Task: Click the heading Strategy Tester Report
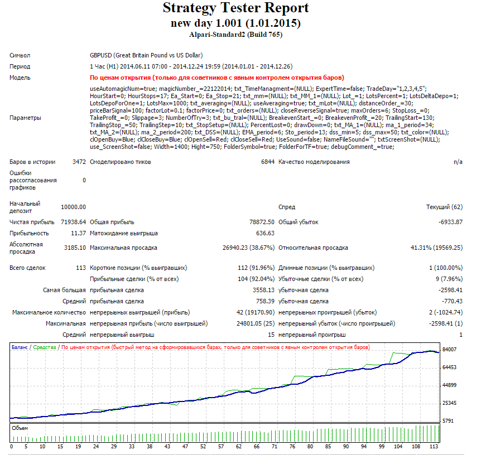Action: [235, 8]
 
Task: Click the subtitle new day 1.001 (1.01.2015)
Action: [235, 23]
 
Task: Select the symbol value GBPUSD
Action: [100, 55]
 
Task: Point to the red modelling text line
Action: [217, 78]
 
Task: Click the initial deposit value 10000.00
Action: [73, 207]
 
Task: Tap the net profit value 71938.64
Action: [73, 222]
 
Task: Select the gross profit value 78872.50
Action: [262, 222]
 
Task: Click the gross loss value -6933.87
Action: [450, 222]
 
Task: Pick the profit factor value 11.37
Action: [79, 233]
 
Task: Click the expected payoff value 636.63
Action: [266, 233]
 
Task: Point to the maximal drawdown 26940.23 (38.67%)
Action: [248, 248]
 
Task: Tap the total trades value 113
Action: [81, 268]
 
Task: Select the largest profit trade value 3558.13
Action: [263, 290]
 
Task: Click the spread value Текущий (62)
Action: [445, 207]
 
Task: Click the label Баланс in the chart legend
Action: [20, 347]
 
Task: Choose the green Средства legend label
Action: [45, 347]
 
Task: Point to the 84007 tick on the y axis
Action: [449, 350]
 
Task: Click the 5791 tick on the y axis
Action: [448, 421]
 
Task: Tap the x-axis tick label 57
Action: [221, 447]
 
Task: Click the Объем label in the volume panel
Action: [20, 428]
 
